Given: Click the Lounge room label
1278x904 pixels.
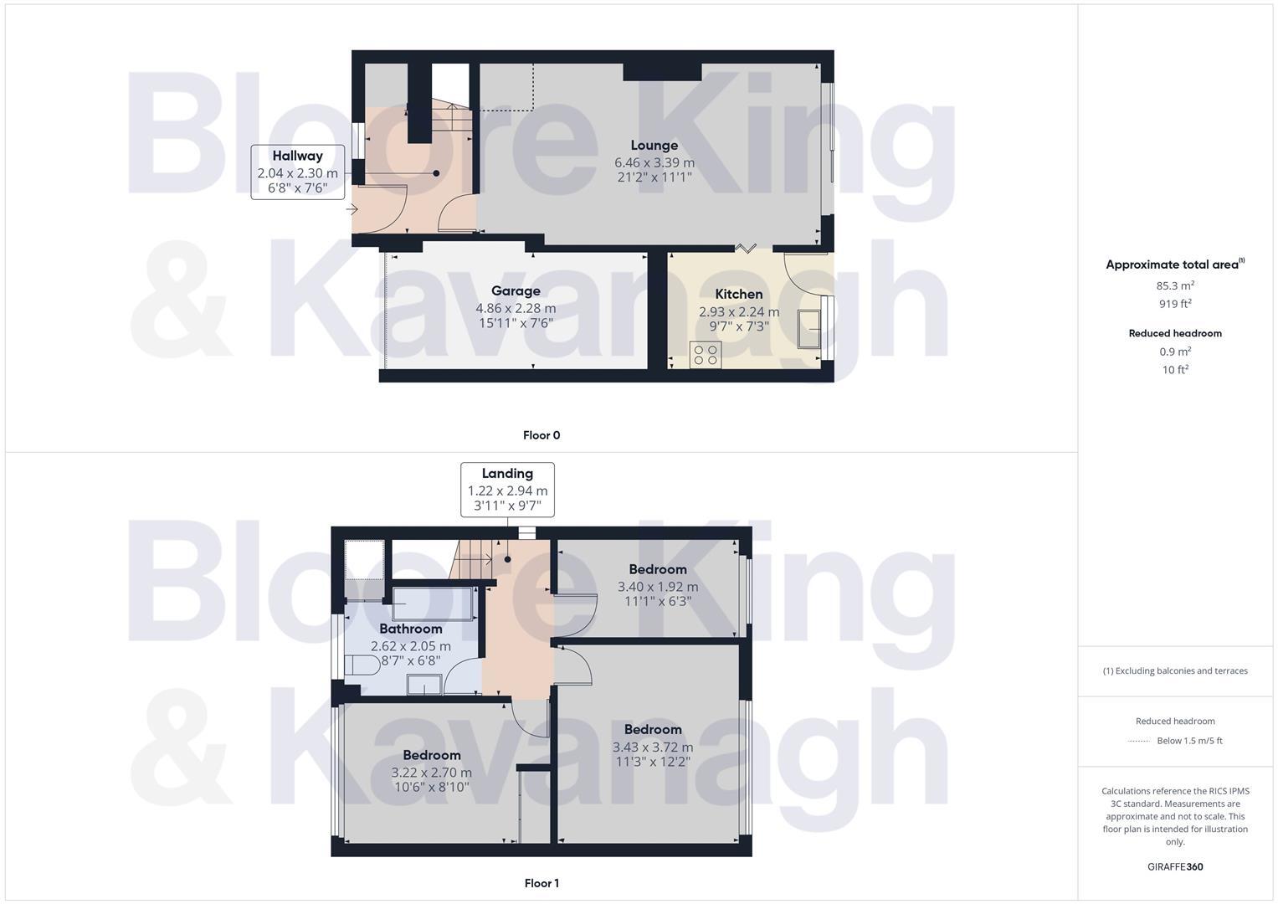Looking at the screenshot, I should [x=654, y=145].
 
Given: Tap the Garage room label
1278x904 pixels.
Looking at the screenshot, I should [x=516, y=290].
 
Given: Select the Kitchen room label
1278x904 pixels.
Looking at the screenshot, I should [x=739, y=294].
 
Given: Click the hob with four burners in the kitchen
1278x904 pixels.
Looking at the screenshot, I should [x=706, y=355].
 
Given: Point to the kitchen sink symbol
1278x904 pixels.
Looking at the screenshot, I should [x=808, y=328].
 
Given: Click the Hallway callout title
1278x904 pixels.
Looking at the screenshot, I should [x=297, y=156].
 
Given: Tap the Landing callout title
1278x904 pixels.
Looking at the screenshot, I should [x=507, y=473].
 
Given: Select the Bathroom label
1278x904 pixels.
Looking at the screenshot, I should [x=410, y=629].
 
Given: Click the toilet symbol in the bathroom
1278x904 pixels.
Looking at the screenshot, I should [x=361, y=666].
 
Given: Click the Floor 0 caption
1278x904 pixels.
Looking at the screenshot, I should [x=541, y=435].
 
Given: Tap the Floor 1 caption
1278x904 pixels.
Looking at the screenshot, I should [x=541, y=883].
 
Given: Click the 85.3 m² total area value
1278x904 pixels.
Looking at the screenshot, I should [x=1175, y=285].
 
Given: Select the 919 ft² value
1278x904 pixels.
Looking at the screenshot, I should [x=1175, y=304].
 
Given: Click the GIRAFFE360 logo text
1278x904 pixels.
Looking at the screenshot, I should [x=1175, y=867].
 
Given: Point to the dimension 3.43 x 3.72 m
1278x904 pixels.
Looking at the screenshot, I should [x=653, y=747].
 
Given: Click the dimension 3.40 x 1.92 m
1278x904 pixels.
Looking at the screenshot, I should [x=658, y=587].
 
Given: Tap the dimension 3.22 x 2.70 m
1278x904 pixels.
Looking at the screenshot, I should [x=432, y=773].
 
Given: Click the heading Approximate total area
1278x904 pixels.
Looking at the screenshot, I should [x=1172, y=265].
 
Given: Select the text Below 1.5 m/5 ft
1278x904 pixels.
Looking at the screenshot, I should [x=1189, y=741].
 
